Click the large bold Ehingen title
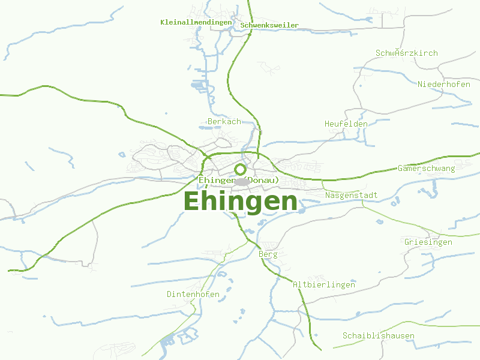pyautogui.click(x=240, y=201)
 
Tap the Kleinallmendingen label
pyautogui.click(x=196, y=22)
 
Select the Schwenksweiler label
pyautogui.click(x=269, y=25)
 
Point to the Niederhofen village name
pyautogui.click(x=444, y=84)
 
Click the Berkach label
pyautogui.click(x=224, y=121)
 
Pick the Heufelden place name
pyautogui.click(x=346, y=124)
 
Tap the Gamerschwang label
pyautogui.click(x=426, y=168)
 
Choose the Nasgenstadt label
pyautogui.click(x=352, y=195)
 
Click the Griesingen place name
pyautogui.click(x=428, y=242)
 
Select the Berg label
pyautogui.click(x=268, y=254)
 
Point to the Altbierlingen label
pyautogui.click(x=324, y=284)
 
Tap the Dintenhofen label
pyautogui.click(x=193, y=294)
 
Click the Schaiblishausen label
pyautogui.click(x=379, y=335)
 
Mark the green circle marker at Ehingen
pyautogui.click(x=241, y=169)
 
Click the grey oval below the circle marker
pyautogui.click(x=242, y=182)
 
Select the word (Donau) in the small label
pyautogui.click(x=262, y=179)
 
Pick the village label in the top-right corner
pyautogui.click(x=407, y=53)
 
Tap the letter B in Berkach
pyautogui.click(x=210, y=121)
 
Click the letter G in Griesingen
pyautogui.click(x=407, y=242)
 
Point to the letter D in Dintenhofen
pyautogui.click(x=170, y=294)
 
